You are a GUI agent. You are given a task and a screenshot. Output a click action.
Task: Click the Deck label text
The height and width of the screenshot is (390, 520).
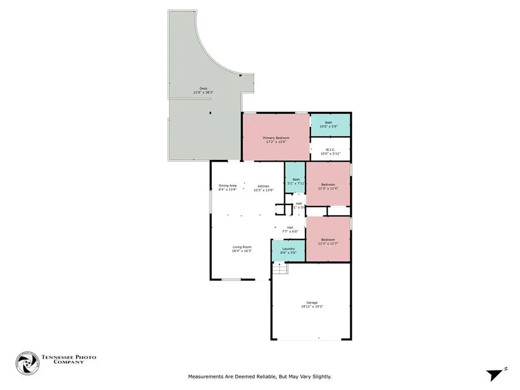click(x=203, y=88)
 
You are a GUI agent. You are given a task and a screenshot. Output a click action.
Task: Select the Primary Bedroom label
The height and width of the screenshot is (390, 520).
click(x=276, y=138)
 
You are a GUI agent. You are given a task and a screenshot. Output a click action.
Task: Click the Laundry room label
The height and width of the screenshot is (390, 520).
click(x=288, y=249)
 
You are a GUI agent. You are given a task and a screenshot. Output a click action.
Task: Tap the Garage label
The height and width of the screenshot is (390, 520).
click(x=312, y=303)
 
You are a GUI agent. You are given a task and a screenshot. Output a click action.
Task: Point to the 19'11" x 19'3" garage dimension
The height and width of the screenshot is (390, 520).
click(x=312, y=307)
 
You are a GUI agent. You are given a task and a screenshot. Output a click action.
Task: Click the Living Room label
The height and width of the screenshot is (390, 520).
click(x=242, y=246)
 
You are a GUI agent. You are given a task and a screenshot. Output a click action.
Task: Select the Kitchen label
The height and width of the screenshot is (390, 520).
click(x=263, y=186)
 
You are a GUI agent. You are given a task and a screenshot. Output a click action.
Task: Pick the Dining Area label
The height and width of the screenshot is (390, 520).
click(x=227, y=185)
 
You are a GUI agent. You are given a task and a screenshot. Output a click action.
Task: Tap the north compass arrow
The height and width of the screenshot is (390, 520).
click(x=494, y=375)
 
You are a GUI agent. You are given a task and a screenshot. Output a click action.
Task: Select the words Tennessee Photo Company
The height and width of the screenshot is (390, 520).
click(x=69, y=360)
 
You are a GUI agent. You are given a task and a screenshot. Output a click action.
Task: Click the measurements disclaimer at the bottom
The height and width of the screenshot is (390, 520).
click(x=259, y=377)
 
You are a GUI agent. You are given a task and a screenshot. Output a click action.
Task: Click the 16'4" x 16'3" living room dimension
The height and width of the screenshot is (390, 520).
click(x=242, y=251)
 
